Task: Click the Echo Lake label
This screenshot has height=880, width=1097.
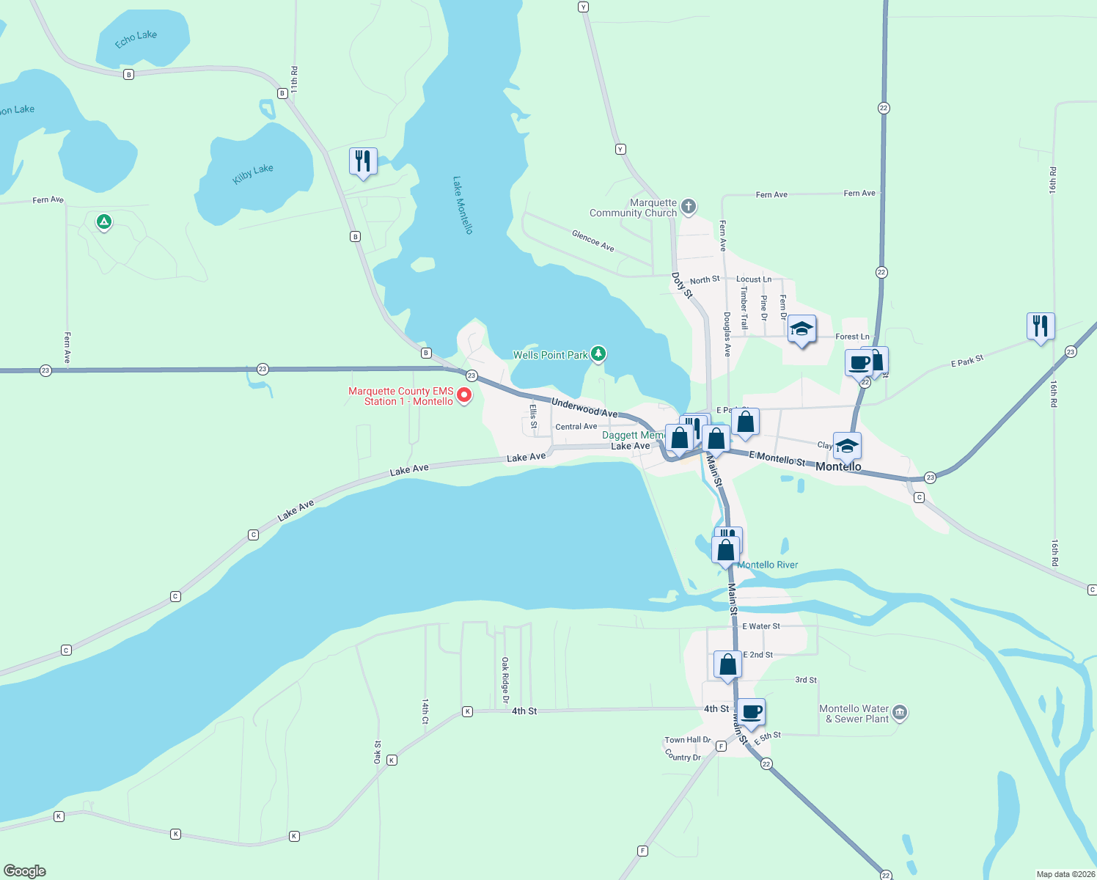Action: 136,39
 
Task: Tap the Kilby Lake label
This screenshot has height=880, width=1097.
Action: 253,174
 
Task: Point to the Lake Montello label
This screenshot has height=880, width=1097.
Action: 463,205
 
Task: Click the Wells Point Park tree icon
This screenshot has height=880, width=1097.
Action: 599,354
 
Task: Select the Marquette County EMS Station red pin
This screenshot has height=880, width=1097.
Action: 464,396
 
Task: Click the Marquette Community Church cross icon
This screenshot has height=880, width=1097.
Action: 689,206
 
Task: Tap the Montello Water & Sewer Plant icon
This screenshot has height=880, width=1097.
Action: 900,712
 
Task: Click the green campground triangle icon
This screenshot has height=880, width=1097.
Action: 104,221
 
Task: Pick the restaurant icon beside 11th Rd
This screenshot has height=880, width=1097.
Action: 363,161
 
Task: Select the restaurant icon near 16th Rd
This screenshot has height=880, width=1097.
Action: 1041,325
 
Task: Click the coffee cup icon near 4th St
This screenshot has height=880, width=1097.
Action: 751,711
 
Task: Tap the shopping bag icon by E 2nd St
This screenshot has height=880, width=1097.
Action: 727,664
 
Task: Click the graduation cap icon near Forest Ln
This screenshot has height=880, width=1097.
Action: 801,329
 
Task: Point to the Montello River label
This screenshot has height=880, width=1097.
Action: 768,565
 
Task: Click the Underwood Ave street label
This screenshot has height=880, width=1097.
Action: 584,408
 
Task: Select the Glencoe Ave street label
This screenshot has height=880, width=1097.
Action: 593,241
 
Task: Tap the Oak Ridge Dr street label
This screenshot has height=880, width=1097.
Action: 505,680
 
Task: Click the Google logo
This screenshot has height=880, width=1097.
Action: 25,871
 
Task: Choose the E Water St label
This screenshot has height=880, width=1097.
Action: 761,626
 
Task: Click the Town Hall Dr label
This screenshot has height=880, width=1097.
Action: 688,740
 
